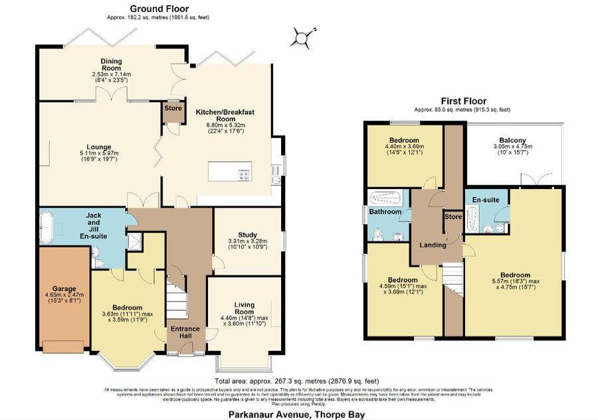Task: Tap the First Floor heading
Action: (x=462, y=101)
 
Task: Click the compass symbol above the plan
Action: (x=302, y=38)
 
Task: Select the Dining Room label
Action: (x=111, y=62)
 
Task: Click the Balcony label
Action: (x=513, y=140)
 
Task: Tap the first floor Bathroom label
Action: (x=385, y=212)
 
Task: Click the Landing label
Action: (x=433, y=245)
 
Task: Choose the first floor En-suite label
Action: (x=486, y=200)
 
